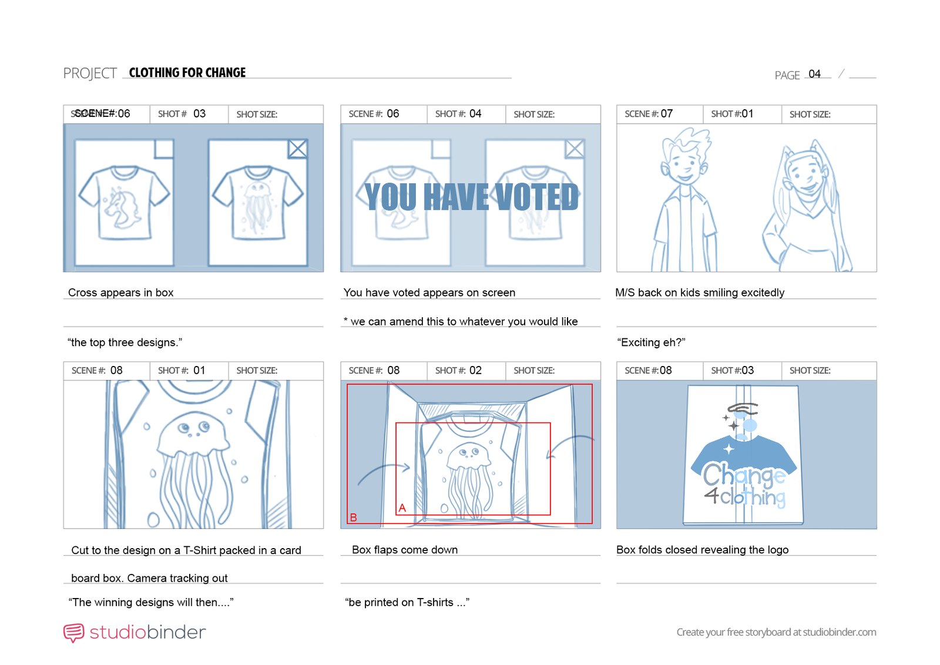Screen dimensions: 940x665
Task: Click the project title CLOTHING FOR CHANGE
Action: click(x=187, y=73)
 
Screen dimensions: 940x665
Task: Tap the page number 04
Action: click(x=814, y=74)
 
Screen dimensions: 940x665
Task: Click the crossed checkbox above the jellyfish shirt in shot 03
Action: click(x=297, y=149)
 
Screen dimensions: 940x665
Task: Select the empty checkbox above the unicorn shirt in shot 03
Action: click(x=164, y=149)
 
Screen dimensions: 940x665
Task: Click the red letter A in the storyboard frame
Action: click(x=402, y=508)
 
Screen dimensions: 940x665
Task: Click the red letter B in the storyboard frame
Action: click(x=353, y=518)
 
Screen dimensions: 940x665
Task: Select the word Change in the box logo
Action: click(x=744, y=475)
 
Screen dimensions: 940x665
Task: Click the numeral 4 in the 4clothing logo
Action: click(x=711, y=495)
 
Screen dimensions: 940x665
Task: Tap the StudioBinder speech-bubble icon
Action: click(x=74, y=633)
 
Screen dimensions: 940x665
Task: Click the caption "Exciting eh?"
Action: click(x=651, y=342)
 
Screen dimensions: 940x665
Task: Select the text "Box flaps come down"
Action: click(x=405, y=550)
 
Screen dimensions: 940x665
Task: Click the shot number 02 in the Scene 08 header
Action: click(x=475, y=371)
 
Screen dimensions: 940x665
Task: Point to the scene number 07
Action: click(x=666, y=114)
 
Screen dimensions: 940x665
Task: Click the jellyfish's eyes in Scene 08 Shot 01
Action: click(x=193, y=428)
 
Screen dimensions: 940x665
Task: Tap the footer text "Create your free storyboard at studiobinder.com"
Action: click(x=776, y=632)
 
